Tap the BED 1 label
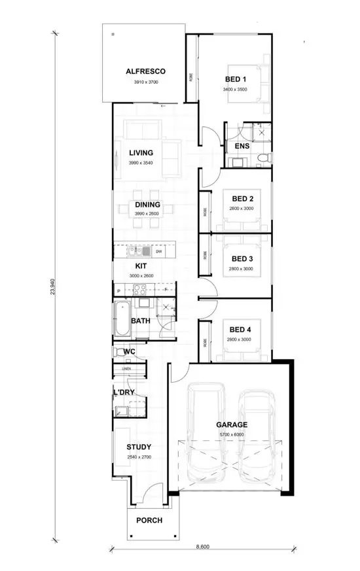click(236, 79)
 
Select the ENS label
click(242, 147)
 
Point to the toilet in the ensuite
click(263, 158)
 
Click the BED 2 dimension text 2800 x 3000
click(242, 208)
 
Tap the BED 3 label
click(242, 259)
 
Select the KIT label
click(141, 266)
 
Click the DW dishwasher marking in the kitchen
click(158, 251)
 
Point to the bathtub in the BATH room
click(122, 320)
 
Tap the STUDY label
click(139, 447)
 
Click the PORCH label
click(149, 521)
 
